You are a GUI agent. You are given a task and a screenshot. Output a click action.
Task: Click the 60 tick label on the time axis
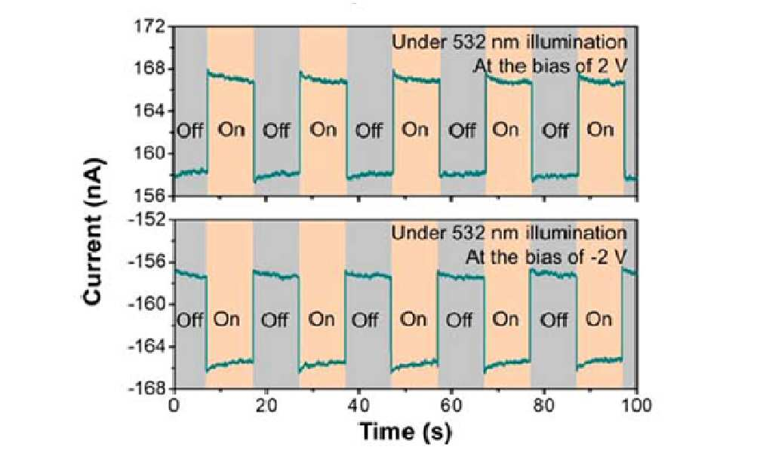pos(451,406)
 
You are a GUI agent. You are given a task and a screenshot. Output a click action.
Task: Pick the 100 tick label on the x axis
pos(636,406)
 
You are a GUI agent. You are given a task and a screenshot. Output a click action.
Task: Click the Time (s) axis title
pos(405,431)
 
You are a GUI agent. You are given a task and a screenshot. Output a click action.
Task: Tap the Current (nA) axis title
pos(93,231)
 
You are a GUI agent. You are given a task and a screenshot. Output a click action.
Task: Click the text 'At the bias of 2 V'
pos(550,65)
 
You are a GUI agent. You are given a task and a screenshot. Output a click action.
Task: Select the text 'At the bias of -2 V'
pos(546,256)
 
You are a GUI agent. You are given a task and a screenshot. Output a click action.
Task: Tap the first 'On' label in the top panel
pos(231,130)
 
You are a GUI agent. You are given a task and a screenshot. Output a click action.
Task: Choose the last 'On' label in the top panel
pos(601,130)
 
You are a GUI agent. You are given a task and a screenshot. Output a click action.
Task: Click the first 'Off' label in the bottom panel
pos(190,320)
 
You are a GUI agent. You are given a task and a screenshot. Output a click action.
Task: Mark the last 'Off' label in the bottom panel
pos(554,320)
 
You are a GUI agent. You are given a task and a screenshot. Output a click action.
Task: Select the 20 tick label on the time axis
pos(266,406)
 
